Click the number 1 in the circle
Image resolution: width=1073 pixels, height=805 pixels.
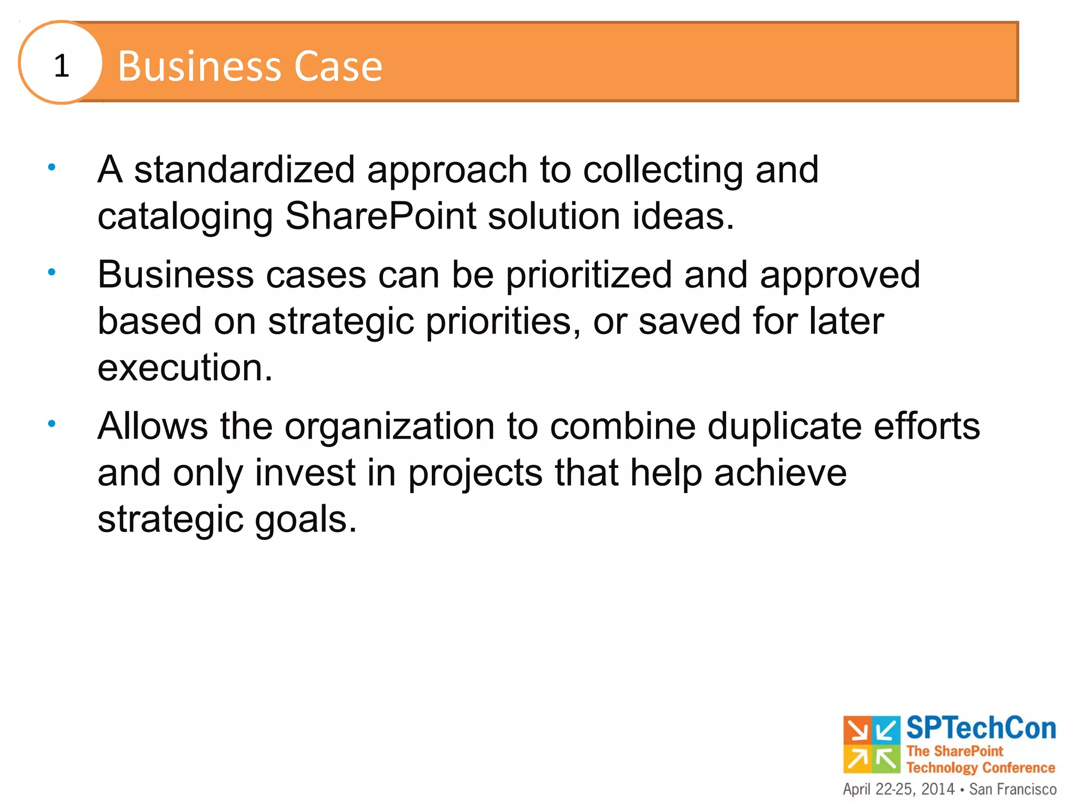click(x=61, y=66)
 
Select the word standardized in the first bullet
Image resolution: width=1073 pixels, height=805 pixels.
click(x=245, y=170)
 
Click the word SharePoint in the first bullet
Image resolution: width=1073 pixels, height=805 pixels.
click(x=381, y=216)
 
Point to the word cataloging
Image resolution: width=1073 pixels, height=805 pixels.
click(x=185, y=217)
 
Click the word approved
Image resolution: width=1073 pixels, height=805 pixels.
click(x=840, y=276)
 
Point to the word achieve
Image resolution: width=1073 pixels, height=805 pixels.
click(x=780, y=473)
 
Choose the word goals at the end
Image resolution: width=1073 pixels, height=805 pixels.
click(x=305, y=520)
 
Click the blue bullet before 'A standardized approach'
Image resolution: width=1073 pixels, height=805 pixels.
click(x=51, y=168)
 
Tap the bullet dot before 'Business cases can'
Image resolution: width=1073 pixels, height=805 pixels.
click(x=51, y=272)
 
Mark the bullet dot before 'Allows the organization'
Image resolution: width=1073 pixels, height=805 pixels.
click(x=51, y=423)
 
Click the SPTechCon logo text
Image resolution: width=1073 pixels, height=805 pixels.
click(x=981, y=728)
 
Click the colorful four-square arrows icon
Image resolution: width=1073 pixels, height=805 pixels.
click(x=871, y=744)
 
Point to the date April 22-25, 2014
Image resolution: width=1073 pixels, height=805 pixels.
click(x=899, y=789)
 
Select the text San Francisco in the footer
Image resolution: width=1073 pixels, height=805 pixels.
click(x=1013, y=789)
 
